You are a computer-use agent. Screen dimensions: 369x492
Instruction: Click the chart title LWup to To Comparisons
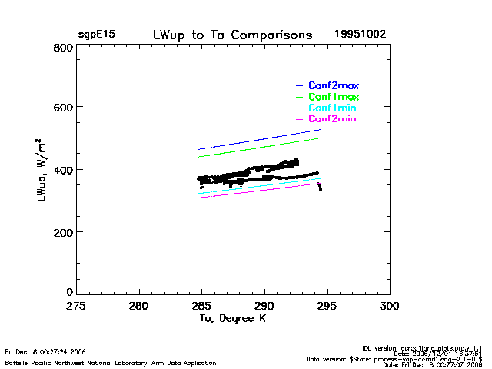(x=232, y=35)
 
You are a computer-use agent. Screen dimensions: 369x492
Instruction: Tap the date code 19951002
(x=360, y=35)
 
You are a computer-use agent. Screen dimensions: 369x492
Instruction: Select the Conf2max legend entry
(x=334, y=85)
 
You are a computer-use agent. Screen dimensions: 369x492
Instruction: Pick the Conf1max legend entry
(x=334, y=97)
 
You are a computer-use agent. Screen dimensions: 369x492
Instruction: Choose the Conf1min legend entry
(x=332, y=108)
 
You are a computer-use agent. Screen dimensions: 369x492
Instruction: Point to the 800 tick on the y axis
(x=64, y=48)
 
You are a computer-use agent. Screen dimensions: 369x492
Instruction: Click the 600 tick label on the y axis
(x=64, y=108)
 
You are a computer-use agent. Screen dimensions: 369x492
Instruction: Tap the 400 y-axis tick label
(x=64, y=170)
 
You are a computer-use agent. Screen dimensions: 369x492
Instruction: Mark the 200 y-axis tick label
(x=64, y=232)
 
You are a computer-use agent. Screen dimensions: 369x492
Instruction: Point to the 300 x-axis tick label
(x=390, y=305)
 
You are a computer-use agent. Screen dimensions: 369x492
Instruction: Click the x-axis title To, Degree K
(x=233, y=318)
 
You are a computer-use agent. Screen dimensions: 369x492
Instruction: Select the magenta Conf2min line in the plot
(x=261, y=190)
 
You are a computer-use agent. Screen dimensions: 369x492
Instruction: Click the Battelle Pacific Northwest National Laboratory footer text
(x=111, y=362)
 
